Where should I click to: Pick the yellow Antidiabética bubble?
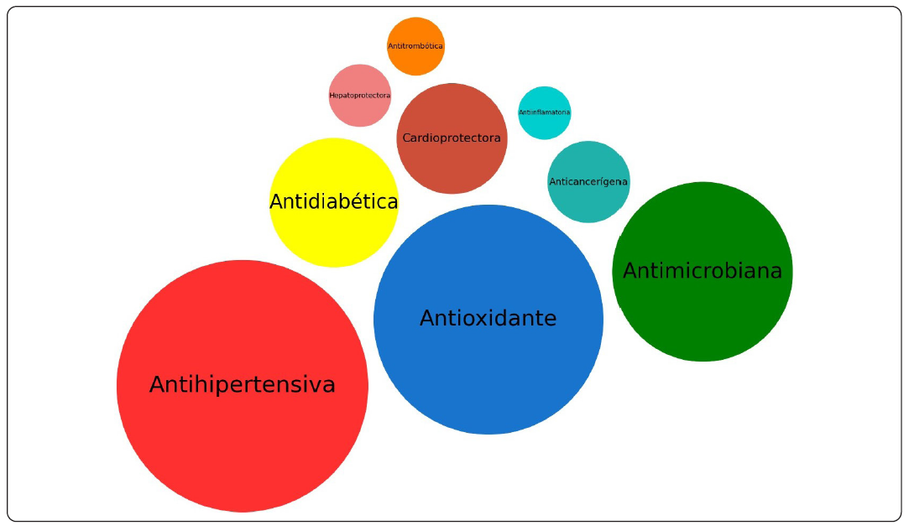333,235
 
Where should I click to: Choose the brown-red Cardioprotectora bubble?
452,168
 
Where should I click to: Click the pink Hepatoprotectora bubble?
359,113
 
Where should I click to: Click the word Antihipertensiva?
242,385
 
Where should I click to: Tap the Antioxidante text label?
488,319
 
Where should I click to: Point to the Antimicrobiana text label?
703,271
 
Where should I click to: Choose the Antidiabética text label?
333,202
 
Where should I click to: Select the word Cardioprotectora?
452,138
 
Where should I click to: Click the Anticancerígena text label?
588,181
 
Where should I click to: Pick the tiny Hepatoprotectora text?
359,96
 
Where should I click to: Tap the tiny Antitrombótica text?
415,45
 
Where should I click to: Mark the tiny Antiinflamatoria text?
545,112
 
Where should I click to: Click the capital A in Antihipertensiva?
157,385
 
